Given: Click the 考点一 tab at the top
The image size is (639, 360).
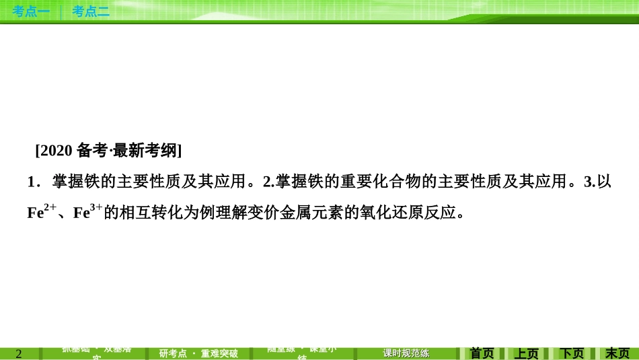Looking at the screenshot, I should click(x=31, y=11).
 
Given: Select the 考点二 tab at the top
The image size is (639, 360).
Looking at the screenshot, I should click(x=91, y=11).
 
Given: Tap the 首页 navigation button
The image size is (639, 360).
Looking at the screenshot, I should click(x=482, y=353).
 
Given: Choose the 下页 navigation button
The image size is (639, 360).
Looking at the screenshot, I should click(x=572, y=353).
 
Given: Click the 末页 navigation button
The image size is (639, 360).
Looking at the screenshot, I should click(x=617, y=353).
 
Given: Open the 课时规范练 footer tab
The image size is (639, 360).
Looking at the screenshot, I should click(x=406, y=353).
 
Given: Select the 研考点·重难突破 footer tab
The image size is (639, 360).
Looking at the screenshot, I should click(x=198, y=353).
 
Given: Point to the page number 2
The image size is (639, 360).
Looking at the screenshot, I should click(x=19, y=354).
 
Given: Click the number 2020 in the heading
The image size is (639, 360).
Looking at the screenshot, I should click(x=55, y=151).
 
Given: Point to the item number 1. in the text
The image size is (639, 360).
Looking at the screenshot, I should click(x=33, y=182).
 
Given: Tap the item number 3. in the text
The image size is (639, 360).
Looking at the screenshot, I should click(x=590, y=182).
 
